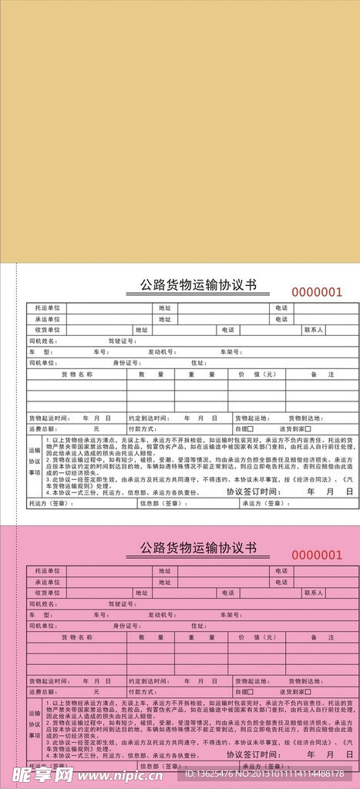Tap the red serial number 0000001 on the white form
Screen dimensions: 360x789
coord(315,292)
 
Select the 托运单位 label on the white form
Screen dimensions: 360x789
coord(47,308)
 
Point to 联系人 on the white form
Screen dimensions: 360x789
coord(314,330)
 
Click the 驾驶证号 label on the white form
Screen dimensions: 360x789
coord(121,341)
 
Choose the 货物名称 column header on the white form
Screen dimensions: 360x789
coord(76,374)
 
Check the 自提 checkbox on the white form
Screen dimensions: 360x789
coord(250,428)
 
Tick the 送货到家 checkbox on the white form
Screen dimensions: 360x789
coord(308,428)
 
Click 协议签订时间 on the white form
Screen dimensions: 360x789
coord(251,491)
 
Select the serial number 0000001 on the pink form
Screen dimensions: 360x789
coord(315,555)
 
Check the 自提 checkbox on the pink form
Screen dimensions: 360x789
coord(250,692)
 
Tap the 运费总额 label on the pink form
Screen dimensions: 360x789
coord(43,692)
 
